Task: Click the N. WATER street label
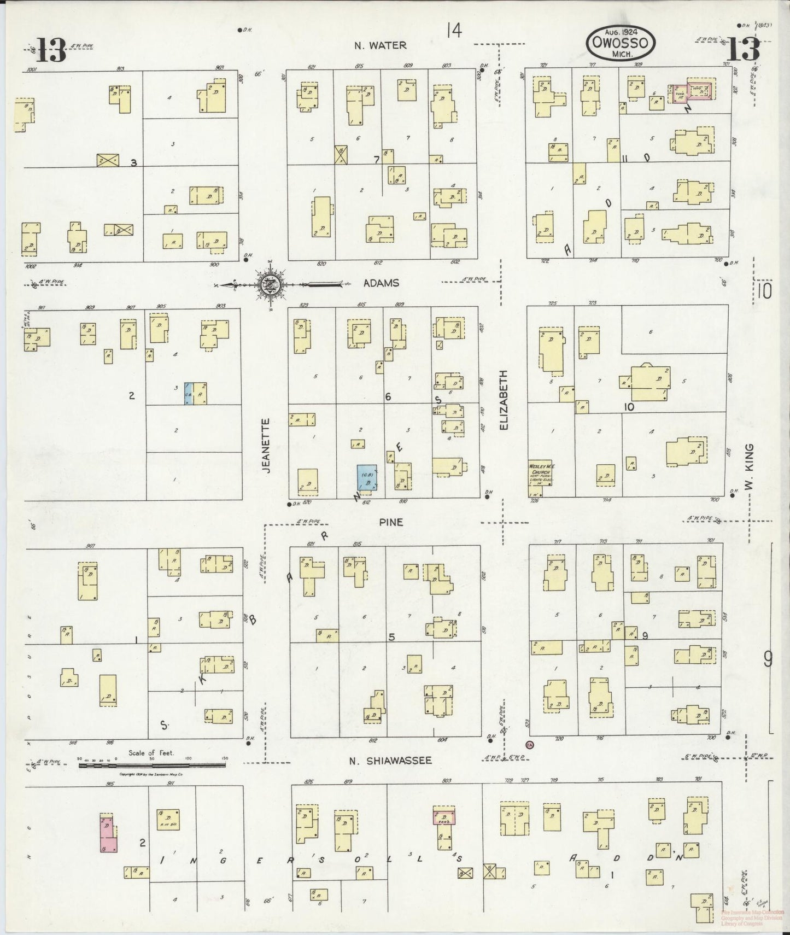380,45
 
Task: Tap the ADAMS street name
381,283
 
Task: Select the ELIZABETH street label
503,400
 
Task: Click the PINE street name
391,522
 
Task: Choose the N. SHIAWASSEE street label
391,761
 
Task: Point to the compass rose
269,284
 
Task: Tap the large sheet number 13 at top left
52,51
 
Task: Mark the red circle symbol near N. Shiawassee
529,744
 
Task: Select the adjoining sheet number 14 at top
453,31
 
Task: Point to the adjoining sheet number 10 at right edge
764,290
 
